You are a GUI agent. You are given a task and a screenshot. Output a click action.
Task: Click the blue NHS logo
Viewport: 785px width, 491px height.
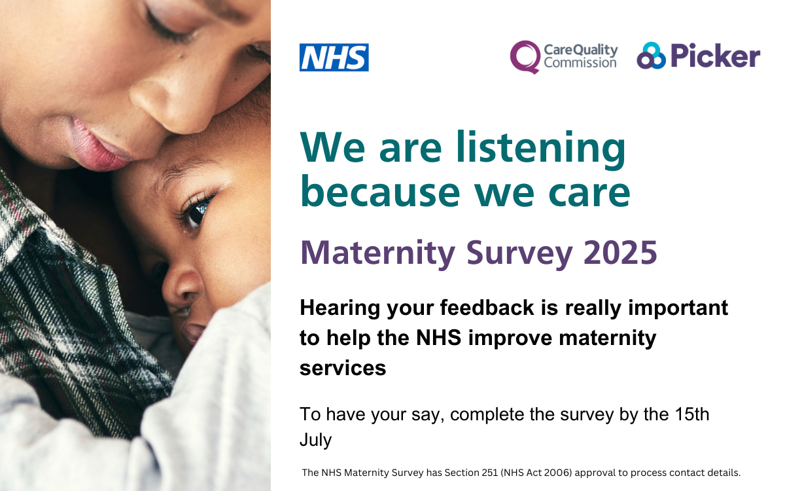[x=334, y=57]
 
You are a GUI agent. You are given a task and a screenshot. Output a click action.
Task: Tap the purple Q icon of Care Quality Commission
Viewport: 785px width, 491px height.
[x=525, y=57]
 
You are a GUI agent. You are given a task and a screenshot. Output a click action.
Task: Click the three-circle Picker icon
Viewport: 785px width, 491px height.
[x=651, y=56]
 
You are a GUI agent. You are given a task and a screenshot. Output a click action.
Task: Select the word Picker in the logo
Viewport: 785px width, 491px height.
[x=715, y=55]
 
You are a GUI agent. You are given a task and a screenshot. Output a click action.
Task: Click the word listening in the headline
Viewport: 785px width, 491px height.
[x=541, y=150]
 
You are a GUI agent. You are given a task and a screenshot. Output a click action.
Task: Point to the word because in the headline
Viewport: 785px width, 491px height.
[x=380, y=191]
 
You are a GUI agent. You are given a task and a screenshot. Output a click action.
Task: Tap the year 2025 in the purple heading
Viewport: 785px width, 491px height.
[x=620, y=253]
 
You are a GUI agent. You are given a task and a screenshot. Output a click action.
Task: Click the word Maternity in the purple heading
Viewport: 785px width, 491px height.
[x=377, y=254]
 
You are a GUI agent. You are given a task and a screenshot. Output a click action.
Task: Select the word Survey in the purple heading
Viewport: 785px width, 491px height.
[x=519, y=254]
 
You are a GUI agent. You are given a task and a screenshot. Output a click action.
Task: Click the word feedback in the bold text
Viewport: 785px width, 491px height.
[x=487, y=308]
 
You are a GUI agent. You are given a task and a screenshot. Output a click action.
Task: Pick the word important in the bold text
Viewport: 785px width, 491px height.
[x=678, y=308]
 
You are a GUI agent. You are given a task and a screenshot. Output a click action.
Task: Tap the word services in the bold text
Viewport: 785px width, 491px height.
[x=343, y=369]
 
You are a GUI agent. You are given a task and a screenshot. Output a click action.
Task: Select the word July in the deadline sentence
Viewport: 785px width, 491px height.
[x=315, y=441]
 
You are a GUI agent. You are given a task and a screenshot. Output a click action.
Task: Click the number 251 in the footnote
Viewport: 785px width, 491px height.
[x=490, y=473]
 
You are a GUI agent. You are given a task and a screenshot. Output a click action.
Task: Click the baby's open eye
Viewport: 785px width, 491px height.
[x=196, y=213]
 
